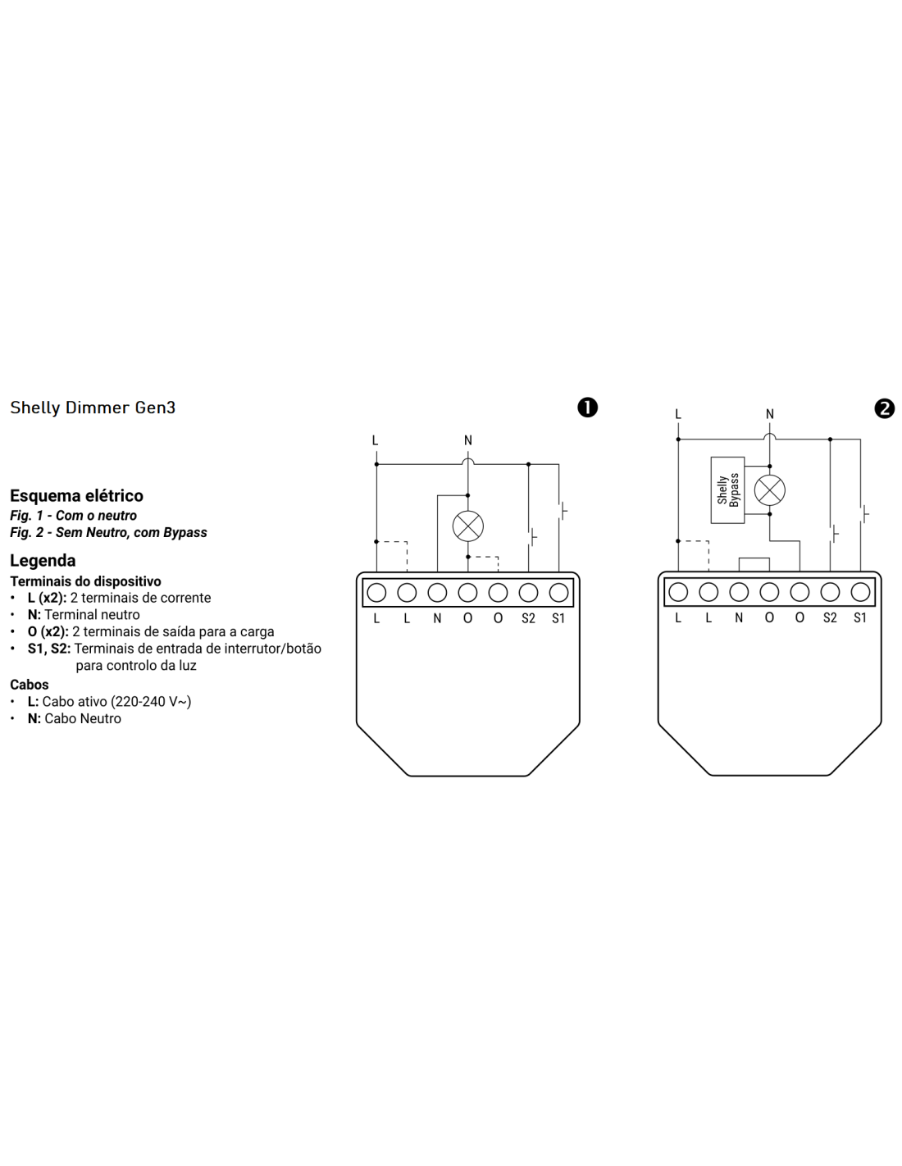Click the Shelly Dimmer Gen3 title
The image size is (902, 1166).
(x=93, y=408)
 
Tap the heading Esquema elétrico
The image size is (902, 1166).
(x=76, y=495)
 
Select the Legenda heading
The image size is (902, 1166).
(x=43, y=561)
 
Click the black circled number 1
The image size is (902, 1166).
(x=588, y=408)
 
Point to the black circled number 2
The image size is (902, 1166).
(x=885, y=408)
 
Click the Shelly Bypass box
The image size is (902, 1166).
(x=727, y=490)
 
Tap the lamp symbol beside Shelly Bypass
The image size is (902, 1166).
(x=769, y=490)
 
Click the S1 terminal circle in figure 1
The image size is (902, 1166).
(x=558, y=593)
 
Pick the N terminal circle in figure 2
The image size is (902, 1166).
(x=739, y=592)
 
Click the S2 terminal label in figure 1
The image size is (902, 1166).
(x=528, y=619)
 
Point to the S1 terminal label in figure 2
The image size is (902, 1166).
(x=859, y=618)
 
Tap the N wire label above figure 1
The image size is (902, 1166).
(x=468, y=440)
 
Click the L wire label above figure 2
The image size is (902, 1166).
(x=678, y=414)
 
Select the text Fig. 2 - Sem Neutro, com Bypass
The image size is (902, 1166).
(x=108, y=533)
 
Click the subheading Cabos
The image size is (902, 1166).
(x=30, y=685)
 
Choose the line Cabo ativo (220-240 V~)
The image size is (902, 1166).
(x=109, y=702)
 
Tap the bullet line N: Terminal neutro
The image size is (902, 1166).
(x=83, y=615)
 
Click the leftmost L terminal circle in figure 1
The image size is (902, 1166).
(x=376, y=593)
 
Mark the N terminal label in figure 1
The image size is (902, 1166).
(x=437, y=619)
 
